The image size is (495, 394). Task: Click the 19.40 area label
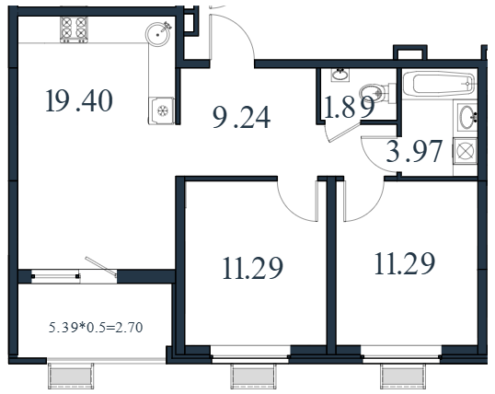pos(79,100)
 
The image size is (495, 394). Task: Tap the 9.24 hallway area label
pos(241,117)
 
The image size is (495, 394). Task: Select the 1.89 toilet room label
pos(350,107)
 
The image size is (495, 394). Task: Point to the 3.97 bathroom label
pos(414,151)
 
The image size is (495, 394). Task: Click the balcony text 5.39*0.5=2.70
pos(96,328)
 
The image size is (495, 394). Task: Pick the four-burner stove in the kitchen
pos(74,29)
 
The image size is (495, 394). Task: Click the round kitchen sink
pos(158,34)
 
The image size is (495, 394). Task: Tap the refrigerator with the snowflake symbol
pos(161,110)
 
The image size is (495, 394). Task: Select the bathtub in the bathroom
pos(439,84)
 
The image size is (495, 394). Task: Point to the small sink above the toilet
pos(340,75)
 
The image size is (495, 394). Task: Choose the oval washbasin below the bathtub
pos(466,117)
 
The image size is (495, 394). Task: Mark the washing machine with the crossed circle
pos(465,151)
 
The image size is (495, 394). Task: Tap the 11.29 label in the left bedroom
pos(252,268)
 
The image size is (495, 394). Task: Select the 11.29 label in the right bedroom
pos(405,263)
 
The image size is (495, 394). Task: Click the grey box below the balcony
pos(71,377)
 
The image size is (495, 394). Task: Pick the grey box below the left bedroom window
pos(253,377)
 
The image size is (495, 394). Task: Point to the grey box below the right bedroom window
pos(403,377)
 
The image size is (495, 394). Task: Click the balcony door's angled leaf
pos(101,267)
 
